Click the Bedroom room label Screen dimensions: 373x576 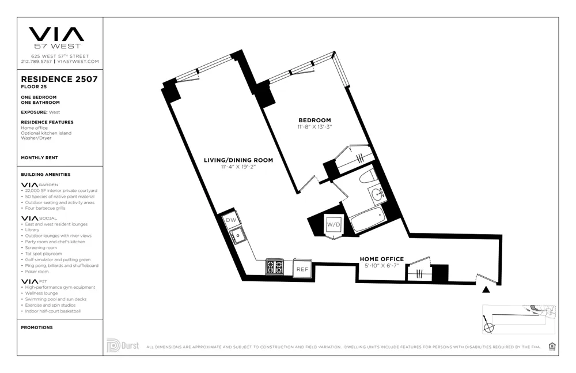point(314,120)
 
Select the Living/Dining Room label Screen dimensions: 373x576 point(238,160)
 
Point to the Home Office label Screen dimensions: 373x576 point(382,259)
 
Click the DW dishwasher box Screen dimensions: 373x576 point(231,220)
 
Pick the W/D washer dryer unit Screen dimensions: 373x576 point(334,224)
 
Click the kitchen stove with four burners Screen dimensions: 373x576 point(274,267)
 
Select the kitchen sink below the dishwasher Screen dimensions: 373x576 point(237,235)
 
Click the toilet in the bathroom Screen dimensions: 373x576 point(368,176)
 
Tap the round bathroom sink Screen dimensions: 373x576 point(378,194)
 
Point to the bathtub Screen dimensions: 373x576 point(366,220)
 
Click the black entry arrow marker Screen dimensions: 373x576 point(486,289)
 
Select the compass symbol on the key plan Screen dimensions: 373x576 point(489,327)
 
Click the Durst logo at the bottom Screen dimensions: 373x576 point(123,346)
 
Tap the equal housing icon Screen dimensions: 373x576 point(552,346)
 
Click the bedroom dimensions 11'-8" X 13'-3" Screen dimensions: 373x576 point(314,127)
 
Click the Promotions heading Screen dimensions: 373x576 point(36,327)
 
